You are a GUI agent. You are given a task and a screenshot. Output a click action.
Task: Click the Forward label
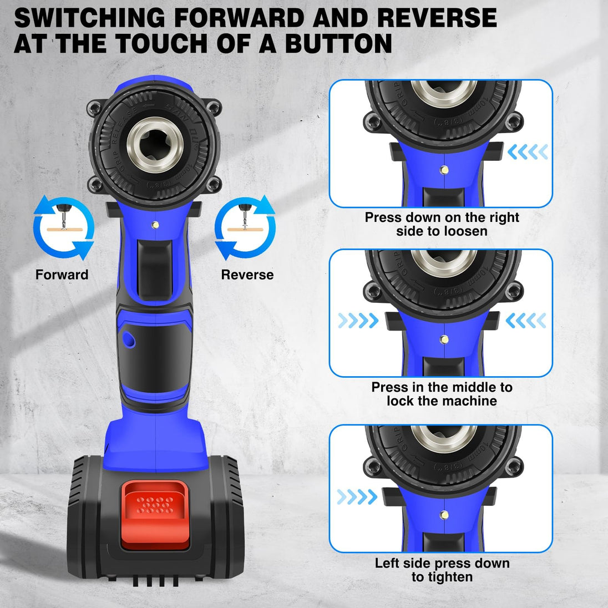pos(62,275)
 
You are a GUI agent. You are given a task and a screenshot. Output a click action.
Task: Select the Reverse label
pos(247,275)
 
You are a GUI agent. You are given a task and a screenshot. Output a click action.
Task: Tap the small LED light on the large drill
pos(155,225)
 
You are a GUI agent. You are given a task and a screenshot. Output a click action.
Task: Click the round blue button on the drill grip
pos(129,338)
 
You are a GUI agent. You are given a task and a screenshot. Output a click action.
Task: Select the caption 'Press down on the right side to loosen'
pos(442,224)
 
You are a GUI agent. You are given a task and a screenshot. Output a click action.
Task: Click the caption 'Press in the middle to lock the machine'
pos(442,394)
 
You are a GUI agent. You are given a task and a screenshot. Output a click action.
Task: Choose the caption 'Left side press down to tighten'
pos(442,570)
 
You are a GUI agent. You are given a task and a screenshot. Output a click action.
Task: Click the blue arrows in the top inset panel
pos(528,151)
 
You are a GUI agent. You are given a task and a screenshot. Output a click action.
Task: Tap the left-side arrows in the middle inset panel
pos(358,320)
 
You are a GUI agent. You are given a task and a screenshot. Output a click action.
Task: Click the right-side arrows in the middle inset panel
pos(525,320)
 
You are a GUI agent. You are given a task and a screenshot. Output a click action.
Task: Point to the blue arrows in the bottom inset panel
pos(357,496)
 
